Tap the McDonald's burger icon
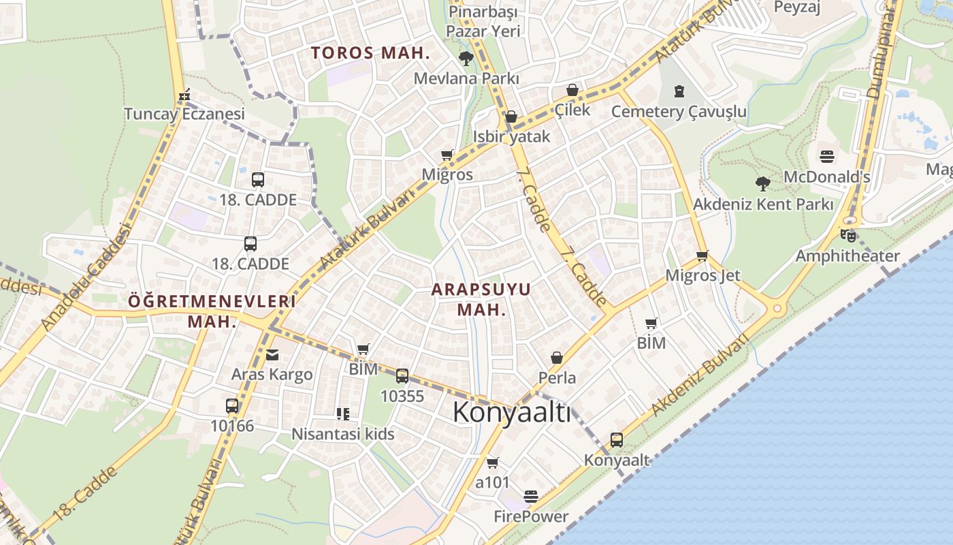tap(827, 157)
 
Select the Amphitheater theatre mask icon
tap(847, 236)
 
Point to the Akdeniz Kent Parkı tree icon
tap(762, 183)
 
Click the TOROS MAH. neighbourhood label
tap(371, 52)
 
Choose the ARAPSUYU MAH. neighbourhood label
tap(481, 299)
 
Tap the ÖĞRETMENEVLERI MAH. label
tap(212, 311)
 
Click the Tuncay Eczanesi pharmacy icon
tap(184, 95)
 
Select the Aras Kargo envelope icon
tap(272, 354)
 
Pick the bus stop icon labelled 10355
tap(402, 375)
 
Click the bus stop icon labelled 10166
tap(232, 406)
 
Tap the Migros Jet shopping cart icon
tap(702, 256)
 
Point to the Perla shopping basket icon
tap(557, 358)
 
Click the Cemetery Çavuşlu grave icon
tap(679, 91)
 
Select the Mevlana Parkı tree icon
tap(466, 59)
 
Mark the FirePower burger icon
tap(531, 497)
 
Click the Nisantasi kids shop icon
tap(343, 414)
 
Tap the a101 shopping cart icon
tap(493, 463)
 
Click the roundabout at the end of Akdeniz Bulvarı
tap(777, 309)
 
